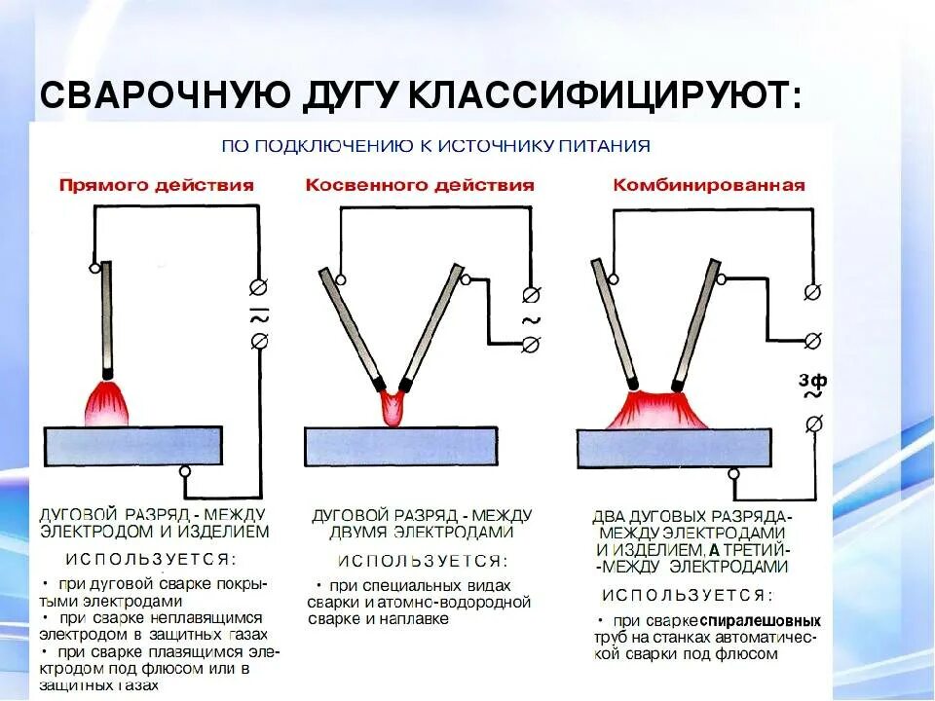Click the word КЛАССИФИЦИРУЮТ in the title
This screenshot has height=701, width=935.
coord(603,95)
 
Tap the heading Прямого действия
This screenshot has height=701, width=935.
coord(156,185)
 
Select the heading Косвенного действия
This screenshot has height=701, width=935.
coord(420,185)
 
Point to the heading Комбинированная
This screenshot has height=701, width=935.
coord(708,185)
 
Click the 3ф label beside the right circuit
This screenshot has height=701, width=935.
coord(812,380)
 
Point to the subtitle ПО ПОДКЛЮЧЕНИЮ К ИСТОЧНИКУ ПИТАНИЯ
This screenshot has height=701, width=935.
coord(434,147)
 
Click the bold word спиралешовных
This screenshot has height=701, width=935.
coord(761,620)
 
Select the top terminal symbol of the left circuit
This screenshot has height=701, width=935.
coord(259,288)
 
